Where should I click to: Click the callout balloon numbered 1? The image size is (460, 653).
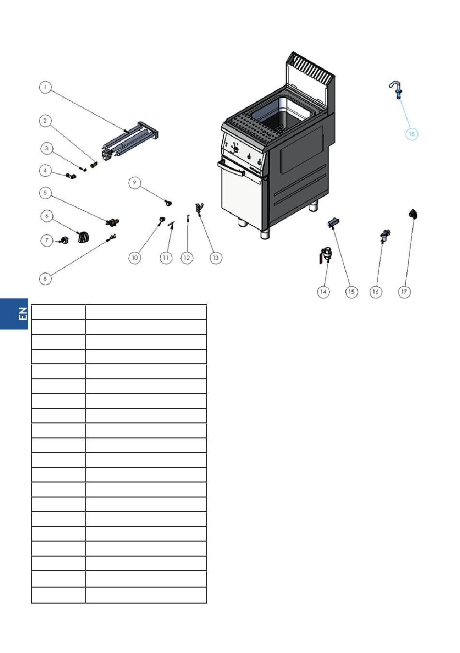(x=45, y=87)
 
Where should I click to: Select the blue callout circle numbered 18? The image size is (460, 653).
(x=411, y=134)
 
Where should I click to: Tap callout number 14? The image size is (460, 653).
(x=323, y=292)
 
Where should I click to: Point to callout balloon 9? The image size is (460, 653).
(x=135, y=183)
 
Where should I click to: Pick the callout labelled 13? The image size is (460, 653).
(x=216, y=258)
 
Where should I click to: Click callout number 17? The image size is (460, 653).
(x=404, y=292)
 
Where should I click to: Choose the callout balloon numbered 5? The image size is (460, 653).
(x=45, y=193)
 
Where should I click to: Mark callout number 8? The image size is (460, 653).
(x=45, y=279)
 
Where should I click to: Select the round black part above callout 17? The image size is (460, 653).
(x=413, y=215)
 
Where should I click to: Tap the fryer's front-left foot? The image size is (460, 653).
(x=242, y=224)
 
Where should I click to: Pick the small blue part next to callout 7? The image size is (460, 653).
(x=63, y=240)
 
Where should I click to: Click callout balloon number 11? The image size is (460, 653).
(x=166, y=258)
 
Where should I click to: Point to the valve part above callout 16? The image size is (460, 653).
(x=384, y=235)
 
